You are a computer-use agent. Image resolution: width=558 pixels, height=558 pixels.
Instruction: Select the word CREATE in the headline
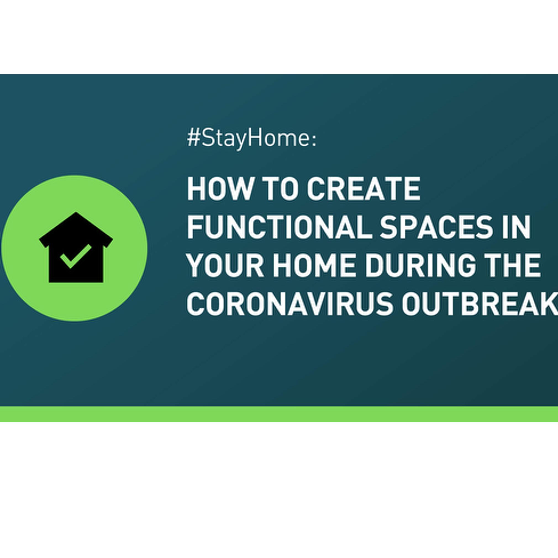coord(363,189)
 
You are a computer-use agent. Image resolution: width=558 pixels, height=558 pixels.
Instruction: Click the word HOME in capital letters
coord(315,266)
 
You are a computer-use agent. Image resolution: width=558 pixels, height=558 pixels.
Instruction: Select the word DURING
coord(420,266)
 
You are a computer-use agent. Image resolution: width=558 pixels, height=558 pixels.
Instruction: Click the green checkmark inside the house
coord(76,256)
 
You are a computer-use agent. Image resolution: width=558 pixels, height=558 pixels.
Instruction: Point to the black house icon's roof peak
coord(76,212)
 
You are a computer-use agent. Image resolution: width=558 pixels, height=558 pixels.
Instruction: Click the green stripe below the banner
coord(279,414)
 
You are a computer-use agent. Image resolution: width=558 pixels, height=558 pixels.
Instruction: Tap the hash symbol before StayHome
coord(194,138)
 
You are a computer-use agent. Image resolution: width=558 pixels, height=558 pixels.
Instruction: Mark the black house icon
coord(76,247)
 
